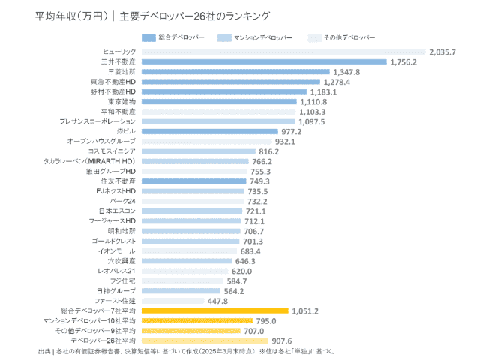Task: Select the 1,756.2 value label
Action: tap(403, 61)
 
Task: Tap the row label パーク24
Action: tap(123, 201)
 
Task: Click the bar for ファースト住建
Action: tap(172, 300)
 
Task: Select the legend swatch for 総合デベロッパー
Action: tap(148, 37)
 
